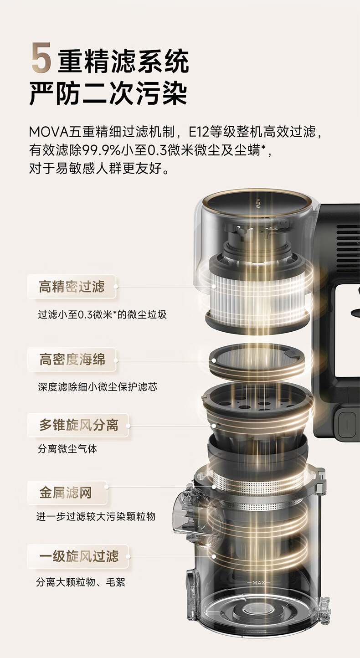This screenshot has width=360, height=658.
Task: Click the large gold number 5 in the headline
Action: tap(41, 58)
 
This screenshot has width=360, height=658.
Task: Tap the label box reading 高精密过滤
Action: tap(72, 287)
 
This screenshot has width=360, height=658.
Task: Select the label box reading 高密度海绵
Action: tap(72, 360)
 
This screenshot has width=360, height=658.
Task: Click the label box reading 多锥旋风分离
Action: tap(78, 425)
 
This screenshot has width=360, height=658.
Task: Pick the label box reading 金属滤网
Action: tap(67, 493)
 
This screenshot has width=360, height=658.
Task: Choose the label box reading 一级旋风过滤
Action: tap(78, 556)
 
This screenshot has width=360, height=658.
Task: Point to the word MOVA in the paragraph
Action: tap(48, 132)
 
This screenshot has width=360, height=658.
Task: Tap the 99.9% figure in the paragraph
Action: tap(101, 150)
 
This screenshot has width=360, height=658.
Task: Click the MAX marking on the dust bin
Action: tap(259, 582)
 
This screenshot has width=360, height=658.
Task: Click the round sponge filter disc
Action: tap(257, 360)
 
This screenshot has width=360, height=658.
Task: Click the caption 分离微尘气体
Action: tap(67, 449)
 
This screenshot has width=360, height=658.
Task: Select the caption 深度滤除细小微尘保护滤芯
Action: tap(98, 386)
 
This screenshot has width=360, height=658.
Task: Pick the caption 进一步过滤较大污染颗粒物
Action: tap(96, 516)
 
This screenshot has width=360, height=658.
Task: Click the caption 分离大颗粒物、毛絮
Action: tap(81, 580)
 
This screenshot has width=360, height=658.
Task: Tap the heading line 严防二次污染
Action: tap(108, 94)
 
